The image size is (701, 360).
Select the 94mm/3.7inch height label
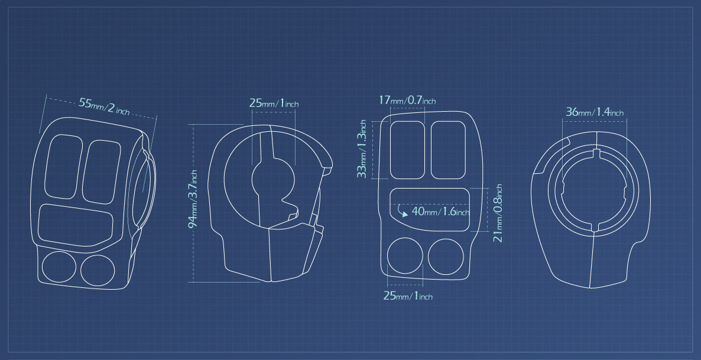coord(193,199)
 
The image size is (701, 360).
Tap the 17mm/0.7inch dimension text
coord(407,100)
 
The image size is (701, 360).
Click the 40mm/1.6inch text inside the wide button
coord(440,211)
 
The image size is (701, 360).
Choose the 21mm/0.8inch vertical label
coord(498,213)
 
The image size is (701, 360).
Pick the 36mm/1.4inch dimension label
coord(595,112)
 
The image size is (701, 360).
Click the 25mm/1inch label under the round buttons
coord(408,296)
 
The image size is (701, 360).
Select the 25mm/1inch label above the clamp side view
coord(274,103)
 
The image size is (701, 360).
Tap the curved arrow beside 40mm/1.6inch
coord(401,210)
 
